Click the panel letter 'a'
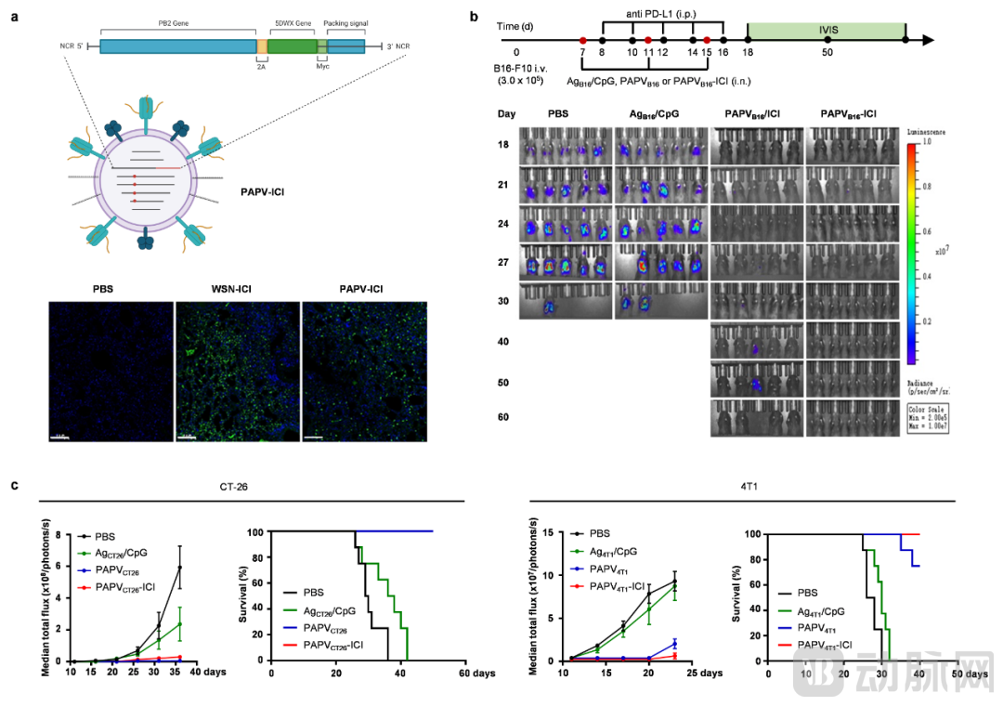(x=14, y=16)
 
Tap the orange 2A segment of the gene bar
(x=262, y=46)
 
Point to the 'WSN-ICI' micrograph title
(x=236, y=288)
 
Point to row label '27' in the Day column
(x=501, y=262)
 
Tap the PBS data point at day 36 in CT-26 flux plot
(x=180, y=567)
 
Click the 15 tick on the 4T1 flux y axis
(x=550, y=532)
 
